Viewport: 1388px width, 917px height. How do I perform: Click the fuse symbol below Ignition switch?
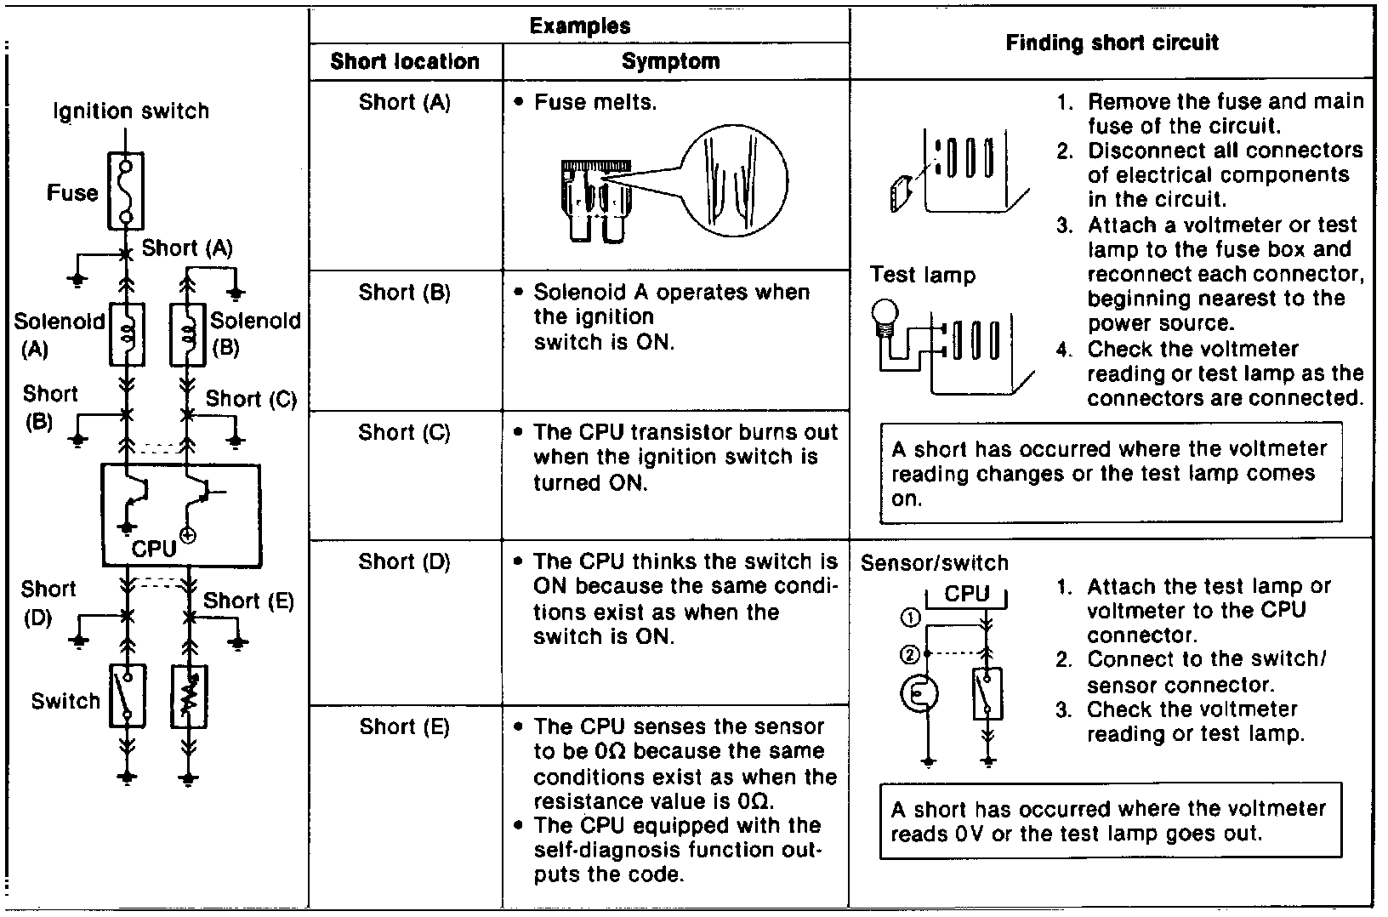(126, 191)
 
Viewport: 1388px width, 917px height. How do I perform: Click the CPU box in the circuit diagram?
(181, 515)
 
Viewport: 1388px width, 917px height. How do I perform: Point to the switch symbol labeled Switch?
(128, 697)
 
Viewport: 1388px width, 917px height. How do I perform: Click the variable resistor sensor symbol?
(189, 697)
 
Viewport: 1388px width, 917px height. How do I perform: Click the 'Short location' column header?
(405, 61)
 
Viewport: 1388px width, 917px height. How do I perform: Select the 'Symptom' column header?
(671, 61)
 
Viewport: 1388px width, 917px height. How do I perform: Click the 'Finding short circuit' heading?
(1112, 43)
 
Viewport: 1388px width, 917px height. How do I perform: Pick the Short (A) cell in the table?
(405, 103)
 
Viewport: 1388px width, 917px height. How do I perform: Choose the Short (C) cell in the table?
(405, 433)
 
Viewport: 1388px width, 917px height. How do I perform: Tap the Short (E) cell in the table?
(405, 727)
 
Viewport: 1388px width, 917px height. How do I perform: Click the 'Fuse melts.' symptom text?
(595, 103)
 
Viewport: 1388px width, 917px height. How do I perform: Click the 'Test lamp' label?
(923, 275)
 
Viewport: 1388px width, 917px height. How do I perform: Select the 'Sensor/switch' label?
(935, 563)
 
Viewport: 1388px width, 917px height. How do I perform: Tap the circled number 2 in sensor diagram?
(910, 654)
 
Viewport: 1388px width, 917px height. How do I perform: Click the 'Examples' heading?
(580, 26)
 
